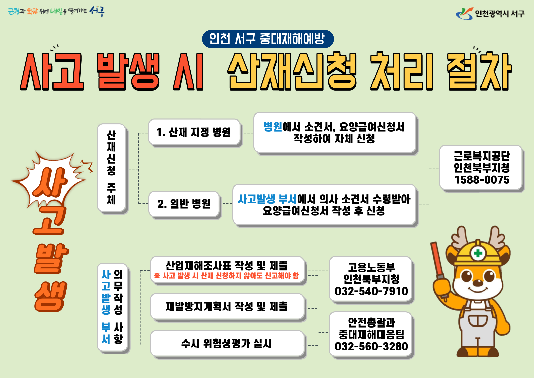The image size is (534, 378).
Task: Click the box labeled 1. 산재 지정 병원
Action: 194,132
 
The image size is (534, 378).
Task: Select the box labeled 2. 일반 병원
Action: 184,204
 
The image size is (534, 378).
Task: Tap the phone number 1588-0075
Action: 482,180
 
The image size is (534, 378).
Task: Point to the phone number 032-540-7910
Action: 371,291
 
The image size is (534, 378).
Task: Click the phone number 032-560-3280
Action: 371,346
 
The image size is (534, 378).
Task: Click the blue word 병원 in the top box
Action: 273,127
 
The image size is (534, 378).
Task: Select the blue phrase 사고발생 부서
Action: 267,199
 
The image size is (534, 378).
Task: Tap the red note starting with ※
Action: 226,276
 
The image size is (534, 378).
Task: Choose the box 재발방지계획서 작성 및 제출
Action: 227,306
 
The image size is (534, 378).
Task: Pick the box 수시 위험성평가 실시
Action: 227,343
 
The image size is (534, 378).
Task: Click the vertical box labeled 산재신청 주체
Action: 111,168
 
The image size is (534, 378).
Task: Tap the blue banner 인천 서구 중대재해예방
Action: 268,39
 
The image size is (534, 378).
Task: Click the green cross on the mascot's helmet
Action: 478,253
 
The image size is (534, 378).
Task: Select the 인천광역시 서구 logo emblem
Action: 464,14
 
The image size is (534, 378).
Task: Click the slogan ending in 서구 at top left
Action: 56,11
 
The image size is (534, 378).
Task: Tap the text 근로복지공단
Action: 482,156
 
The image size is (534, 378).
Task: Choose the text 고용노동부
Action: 371,267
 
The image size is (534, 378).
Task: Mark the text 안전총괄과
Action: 371,322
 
